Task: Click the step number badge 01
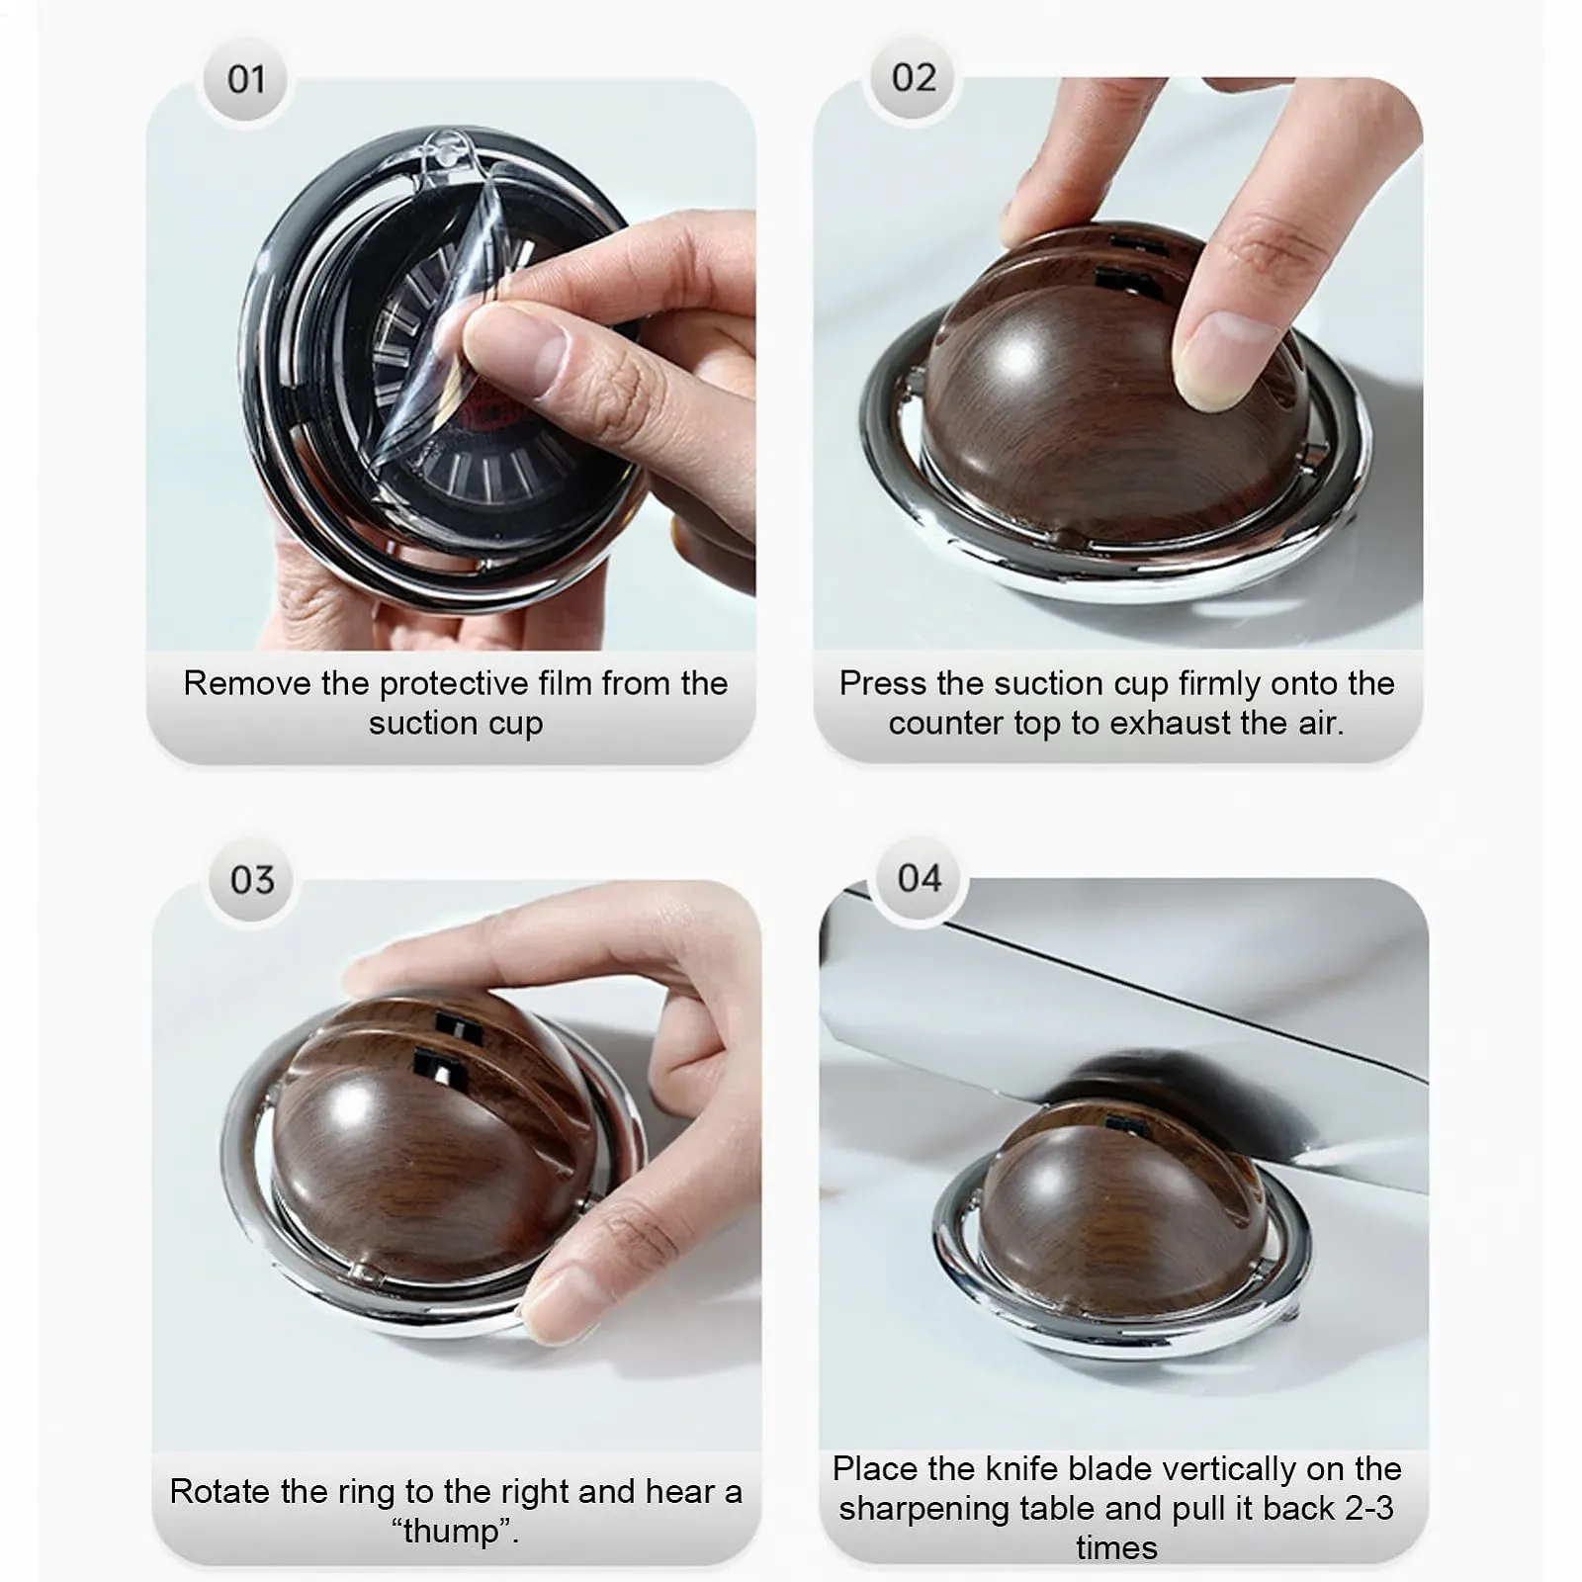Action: [246, 79]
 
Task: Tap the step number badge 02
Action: [914, 77]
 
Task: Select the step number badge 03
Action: [252, 880]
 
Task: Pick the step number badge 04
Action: [920, 878]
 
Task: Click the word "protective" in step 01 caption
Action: [454, 684]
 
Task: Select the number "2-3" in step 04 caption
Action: [1368, 1508]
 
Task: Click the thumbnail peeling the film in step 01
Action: [514, 351]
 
